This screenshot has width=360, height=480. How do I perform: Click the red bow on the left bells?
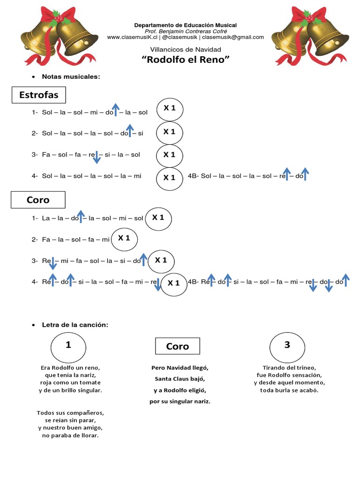click(x=57, y=17)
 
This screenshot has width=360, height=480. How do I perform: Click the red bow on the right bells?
click(x=307, y=16)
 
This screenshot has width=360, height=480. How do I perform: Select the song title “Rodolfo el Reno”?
click(x=185, y=60)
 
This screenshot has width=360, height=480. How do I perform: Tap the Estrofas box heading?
click(x=38, y=95)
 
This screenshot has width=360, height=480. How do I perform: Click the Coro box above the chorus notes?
click(x=38, y=200)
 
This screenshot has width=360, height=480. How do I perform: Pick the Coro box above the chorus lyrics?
click(x=177, y=346)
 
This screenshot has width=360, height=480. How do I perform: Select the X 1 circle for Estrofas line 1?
click(x=169, y=109)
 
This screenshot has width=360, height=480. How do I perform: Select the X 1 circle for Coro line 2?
click(x=124, y=239)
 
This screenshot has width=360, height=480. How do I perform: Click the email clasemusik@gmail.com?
click(x=232, y=37)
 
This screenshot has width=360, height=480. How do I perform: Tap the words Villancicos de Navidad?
click(x=185, y=49)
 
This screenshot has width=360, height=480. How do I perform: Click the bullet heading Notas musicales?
click(x=71, y=76)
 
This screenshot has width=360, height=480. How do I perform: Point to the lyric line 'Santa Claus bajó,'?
click(x=180, y=379)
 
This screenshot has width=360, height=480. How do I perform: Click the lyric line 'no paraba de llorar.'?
click(x=70, y=435)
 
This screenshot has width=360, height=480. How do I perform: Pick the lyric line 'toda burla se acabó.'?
click(x=289, y=390)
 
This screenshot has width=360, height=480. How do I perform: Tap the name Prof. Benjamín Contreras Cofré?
click(x=185, y=31)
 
